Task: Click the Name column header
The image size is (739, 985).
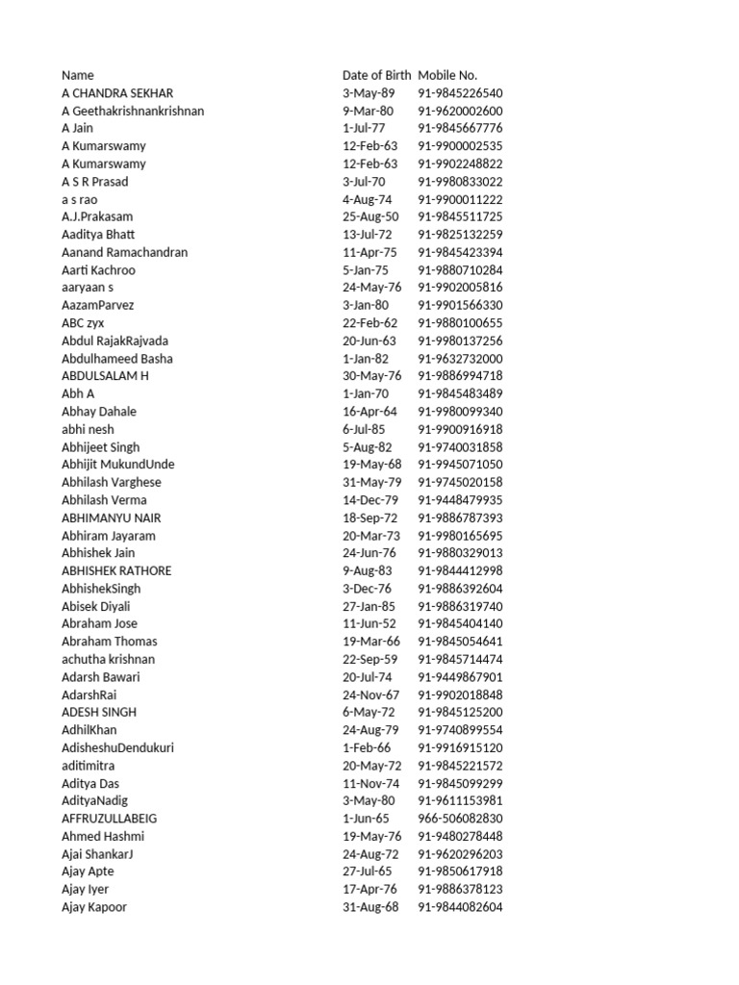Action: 78,75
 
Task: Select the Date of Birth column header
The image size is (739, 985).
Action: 376,75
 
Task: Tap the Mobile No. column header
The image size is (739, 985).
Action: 447,75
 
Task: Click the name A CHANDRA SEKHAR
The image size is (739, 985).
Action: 117,93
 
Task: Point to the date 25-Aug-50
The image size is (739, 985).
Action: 370,217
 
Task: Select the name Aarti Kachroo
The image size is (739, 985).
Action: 98,270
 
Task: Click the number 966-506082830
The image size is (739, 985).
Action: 460,819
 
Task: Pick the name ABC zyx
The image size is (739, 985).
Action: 82,323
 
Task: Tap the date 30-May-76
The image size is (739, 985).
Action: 371,376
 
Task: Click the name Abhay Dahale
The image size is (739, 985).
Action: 99,412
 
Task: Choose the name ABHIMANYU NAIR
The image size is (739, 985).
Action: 112,518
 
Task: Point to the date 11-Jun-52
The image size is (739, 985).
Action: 369,623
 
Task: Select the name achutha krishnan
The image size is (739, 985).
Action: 108,659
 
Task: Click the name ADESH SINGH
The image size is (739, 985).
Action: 99,712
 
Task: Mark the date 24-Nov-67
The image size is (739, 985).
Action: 370,695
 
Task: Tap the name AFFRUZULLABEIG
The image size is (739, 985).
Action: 110,819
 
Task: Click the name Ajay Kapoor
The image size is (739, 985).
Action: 94,907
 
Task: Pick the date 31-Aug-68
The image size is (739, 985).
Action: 370,907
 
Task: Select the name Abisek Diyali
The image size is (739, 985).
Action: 96,606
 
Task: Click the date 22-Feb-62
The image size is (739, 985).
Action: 369,323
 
